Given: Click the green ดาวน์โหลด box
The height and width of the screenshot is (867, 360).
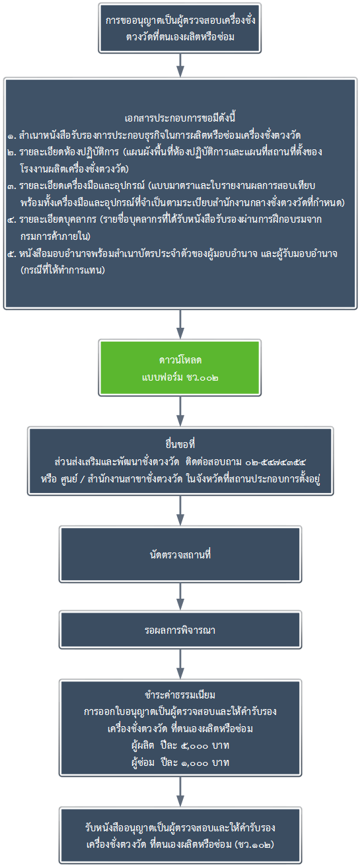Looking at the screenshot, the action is pos(180,367).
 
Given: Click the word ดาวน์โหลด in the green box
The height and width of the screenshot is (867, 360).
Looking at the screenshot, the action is pos(180,360).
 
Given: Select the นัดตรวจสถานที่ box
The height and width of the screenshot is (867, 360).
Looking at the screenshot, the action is pos(180,554).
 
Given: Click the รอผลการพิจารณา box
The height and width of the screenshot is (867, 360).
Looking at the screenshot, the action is pos(180,630).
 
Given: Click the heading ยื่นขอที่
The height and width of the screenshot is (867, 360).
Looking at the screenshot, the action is pos(180,444).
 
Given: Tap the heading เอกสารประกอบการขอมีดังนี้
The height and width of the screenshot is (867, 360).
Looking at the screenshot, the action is pos(180,118).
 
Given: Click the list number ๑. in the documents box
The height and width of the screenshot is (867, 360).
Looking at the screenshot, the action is pos(12,136).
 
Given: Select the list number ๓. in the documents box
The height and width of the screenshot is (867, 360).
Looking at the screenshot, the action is pos(12,186).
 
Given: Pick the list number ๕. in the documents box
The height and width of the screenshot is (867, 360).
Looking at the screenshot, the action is pos(12,254).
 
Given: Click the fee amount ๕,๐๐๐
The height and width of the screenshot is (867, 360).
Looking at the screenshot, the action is pos(194,745).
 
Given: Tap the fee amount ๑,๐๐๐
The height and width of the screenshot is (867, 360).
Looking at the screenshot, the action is pos(194,763).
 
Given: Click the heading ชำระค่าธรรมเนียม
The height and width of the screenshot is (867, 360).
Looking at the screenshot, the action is pos(180,695).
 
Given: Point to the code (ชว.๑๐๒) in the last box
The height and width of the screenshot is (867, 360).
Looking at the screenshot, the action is pos(254,845).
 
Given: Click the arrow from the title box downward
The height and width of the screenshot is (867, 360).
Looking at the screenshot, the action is pos(180,65).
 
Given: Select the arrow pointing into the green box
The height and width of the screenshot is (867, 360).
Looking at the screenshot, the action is pos(180,324).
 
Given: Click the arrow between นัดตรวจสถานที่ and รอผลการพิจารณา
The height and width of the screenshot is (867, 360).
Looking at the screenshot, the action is pos(180,597).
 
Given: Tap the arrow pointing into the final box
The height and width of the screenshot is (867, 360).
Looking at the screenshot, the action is pos(180,792).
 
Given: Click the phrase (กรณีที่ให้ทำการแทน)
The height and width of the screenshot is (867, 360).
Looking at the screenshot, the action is pos(63,270).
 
